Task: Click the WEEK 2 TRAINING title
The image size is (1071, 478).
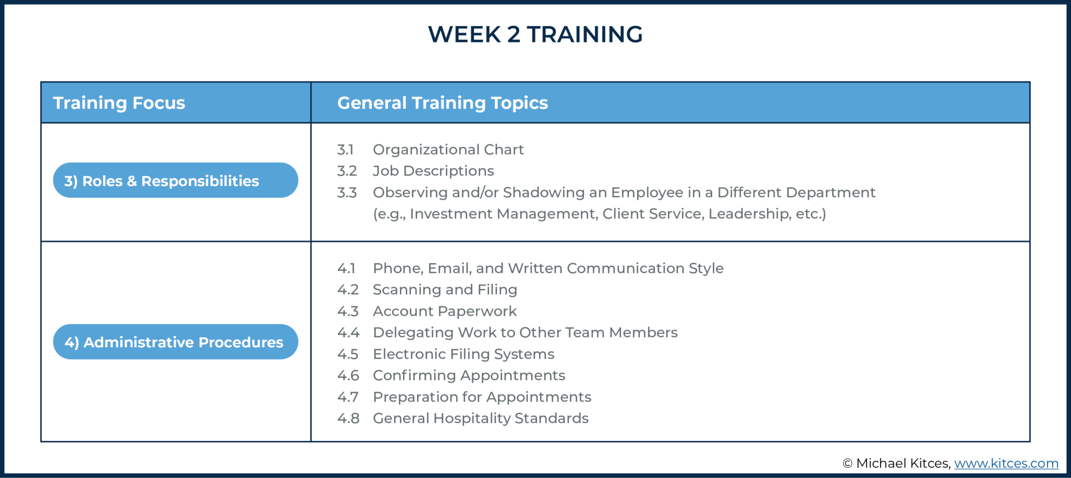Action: click(535, 35)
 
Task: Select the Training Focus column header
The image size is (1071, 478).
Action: click(119, 103)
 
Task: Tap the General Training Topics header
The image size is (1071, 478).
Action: click(442, 103)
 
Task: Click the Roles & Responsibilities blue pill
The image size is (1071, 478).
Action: click(175, 181)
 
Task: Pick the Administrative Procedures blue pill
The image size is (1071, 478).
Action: click(175, 342)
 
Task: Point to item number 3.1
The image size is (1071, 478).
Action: click(345, 150)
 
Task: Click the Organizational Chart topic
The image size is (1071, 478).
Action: click(448, 150)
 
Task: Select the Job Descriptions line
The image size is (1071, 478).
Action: click(433, 171)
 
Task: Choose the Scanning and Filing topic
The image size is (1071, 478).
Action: click(445, 290)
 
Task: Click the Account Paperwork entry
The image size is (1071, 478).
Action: click(445, 311)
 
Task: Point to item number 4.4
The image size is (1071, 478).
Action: click(348, 332)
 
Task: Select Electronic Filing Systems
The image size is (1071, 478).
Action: click(463, 354)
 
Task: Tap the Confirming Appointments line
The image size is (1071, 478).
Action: click(469, 375)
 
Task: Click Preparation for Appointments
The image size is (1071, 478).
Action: click(482, 397)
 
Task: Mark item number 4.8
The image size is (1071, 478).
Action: click(348, 418)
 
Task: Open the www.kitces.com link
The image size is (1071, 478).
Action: click(1006, 463)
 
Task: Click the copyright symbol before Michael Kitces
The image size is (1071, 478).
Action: click(847, 463)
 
